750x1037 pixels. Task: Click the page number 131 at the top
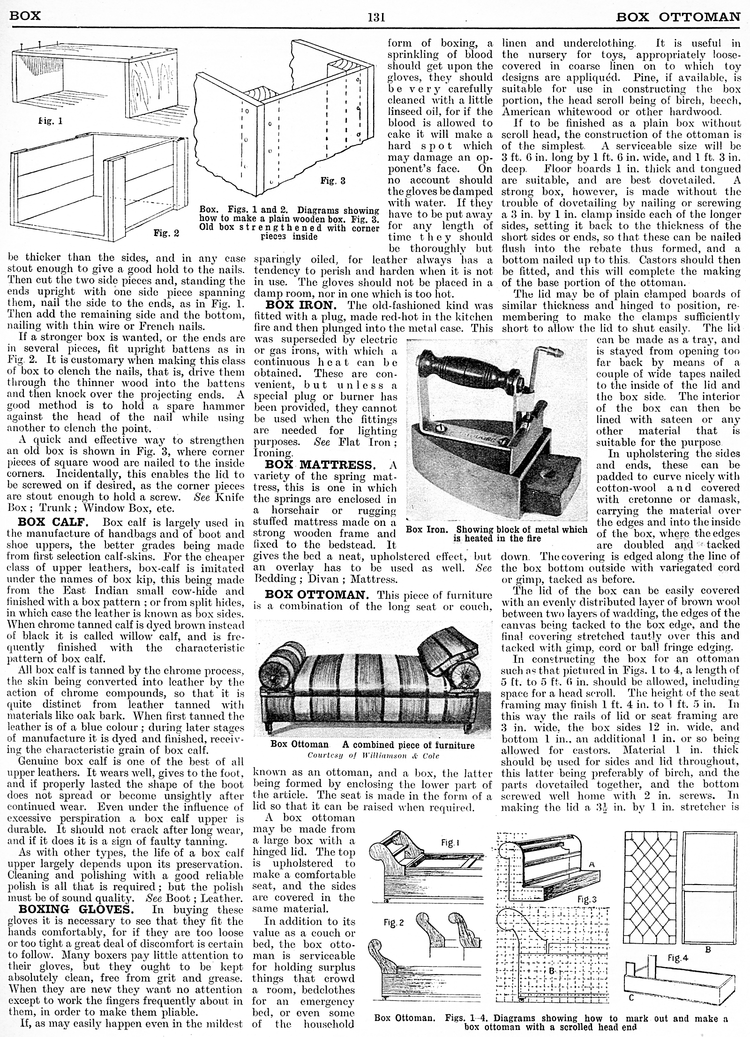(376, 18)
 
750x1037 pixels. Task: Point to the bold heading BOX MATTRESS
(324, 465)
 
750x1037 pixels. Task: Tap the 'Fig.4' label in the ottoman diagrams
(677, 945)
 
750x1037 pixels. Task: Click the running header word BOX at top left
(25, 15)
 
